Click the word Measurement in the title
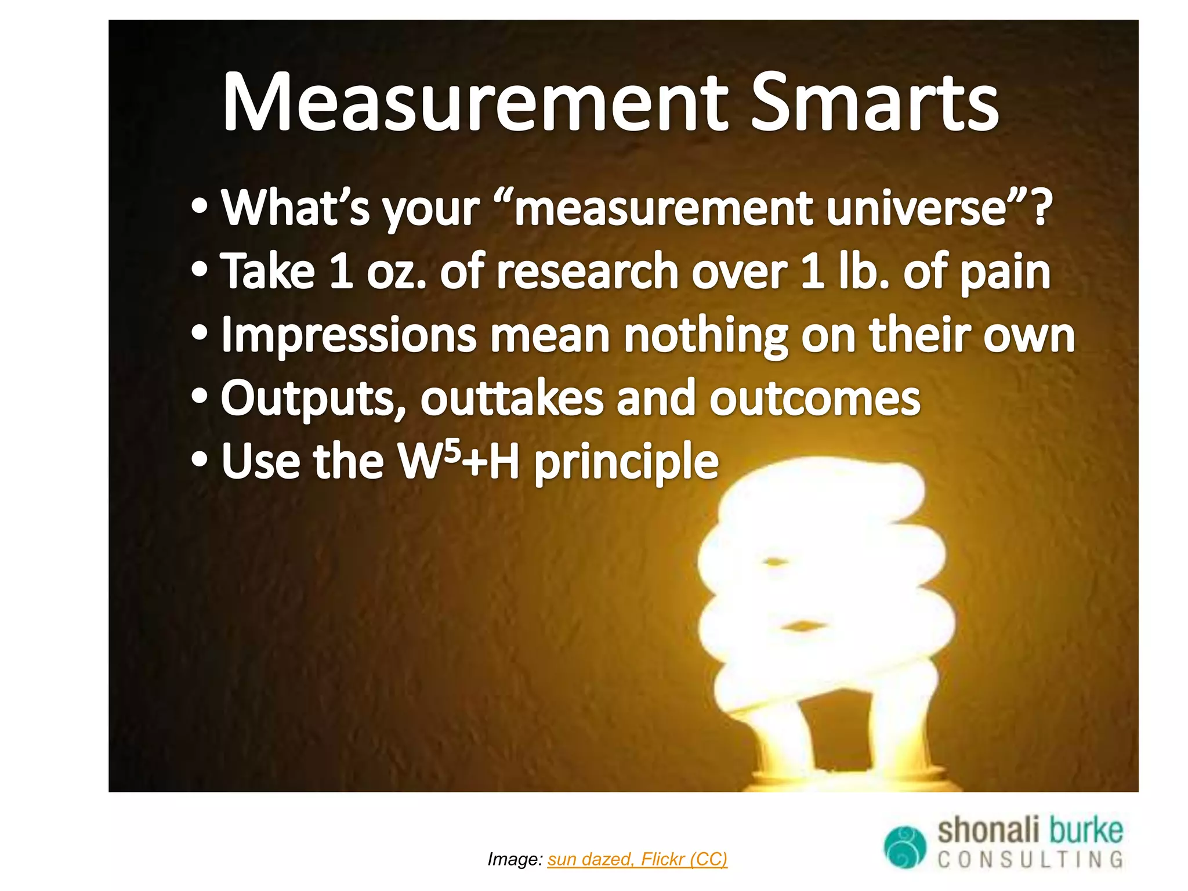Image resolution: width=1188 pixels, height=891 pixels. pos(475,103)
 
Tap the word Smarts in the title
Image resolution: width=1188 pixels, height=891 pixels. pos(874,103)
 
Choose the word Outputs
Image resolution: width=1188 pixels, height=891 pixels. pos(313,399)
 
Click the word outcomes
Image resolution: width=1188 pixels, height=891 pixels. pos(814,399)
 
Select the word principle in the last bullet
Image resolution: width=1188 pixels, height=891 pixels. pos(626,463)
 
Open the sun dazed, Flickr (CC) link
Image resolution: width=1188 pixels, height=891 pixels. pos(637,859)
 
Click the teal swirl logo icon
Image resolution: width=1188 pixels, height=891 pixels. pos(906,846)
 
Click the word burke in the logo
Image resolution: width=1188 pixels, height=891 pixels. pos(1085,830)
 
